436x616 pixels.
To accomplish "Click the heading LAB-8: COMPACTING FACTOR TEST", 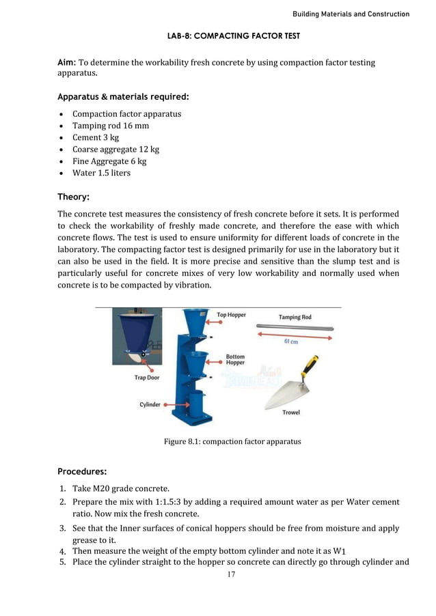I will point(233,35).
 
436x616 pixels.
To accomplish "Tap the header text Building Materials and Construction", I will point(351,14).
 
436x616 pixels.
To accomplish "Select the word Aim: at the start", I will point(67,63).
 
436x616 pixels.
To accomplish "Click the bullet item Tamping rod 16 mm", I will point(111,126).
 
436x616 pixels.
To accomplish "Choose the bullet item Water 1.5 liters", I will point(101,173).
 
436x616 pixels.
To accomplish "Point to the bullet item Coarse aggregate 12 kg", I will point(115,149).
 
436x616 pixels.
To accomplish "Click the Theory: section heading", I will point(74,197).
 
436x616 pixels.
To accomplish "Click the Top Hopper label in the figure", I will point(231,315).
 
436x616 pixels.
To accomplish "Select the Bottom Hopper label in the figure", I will point(235,360).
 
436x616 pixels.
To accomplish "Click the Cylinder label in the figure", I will point(150,404).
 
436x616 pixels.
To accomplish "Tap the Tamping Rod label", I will point(295,317).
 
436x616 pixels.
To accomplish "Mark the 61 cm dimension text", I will point(290,341).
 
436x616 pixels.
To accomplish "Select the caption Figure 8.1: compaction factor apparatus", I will point(232,441).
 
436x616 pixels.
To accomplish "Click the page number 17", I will point(231,575).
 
